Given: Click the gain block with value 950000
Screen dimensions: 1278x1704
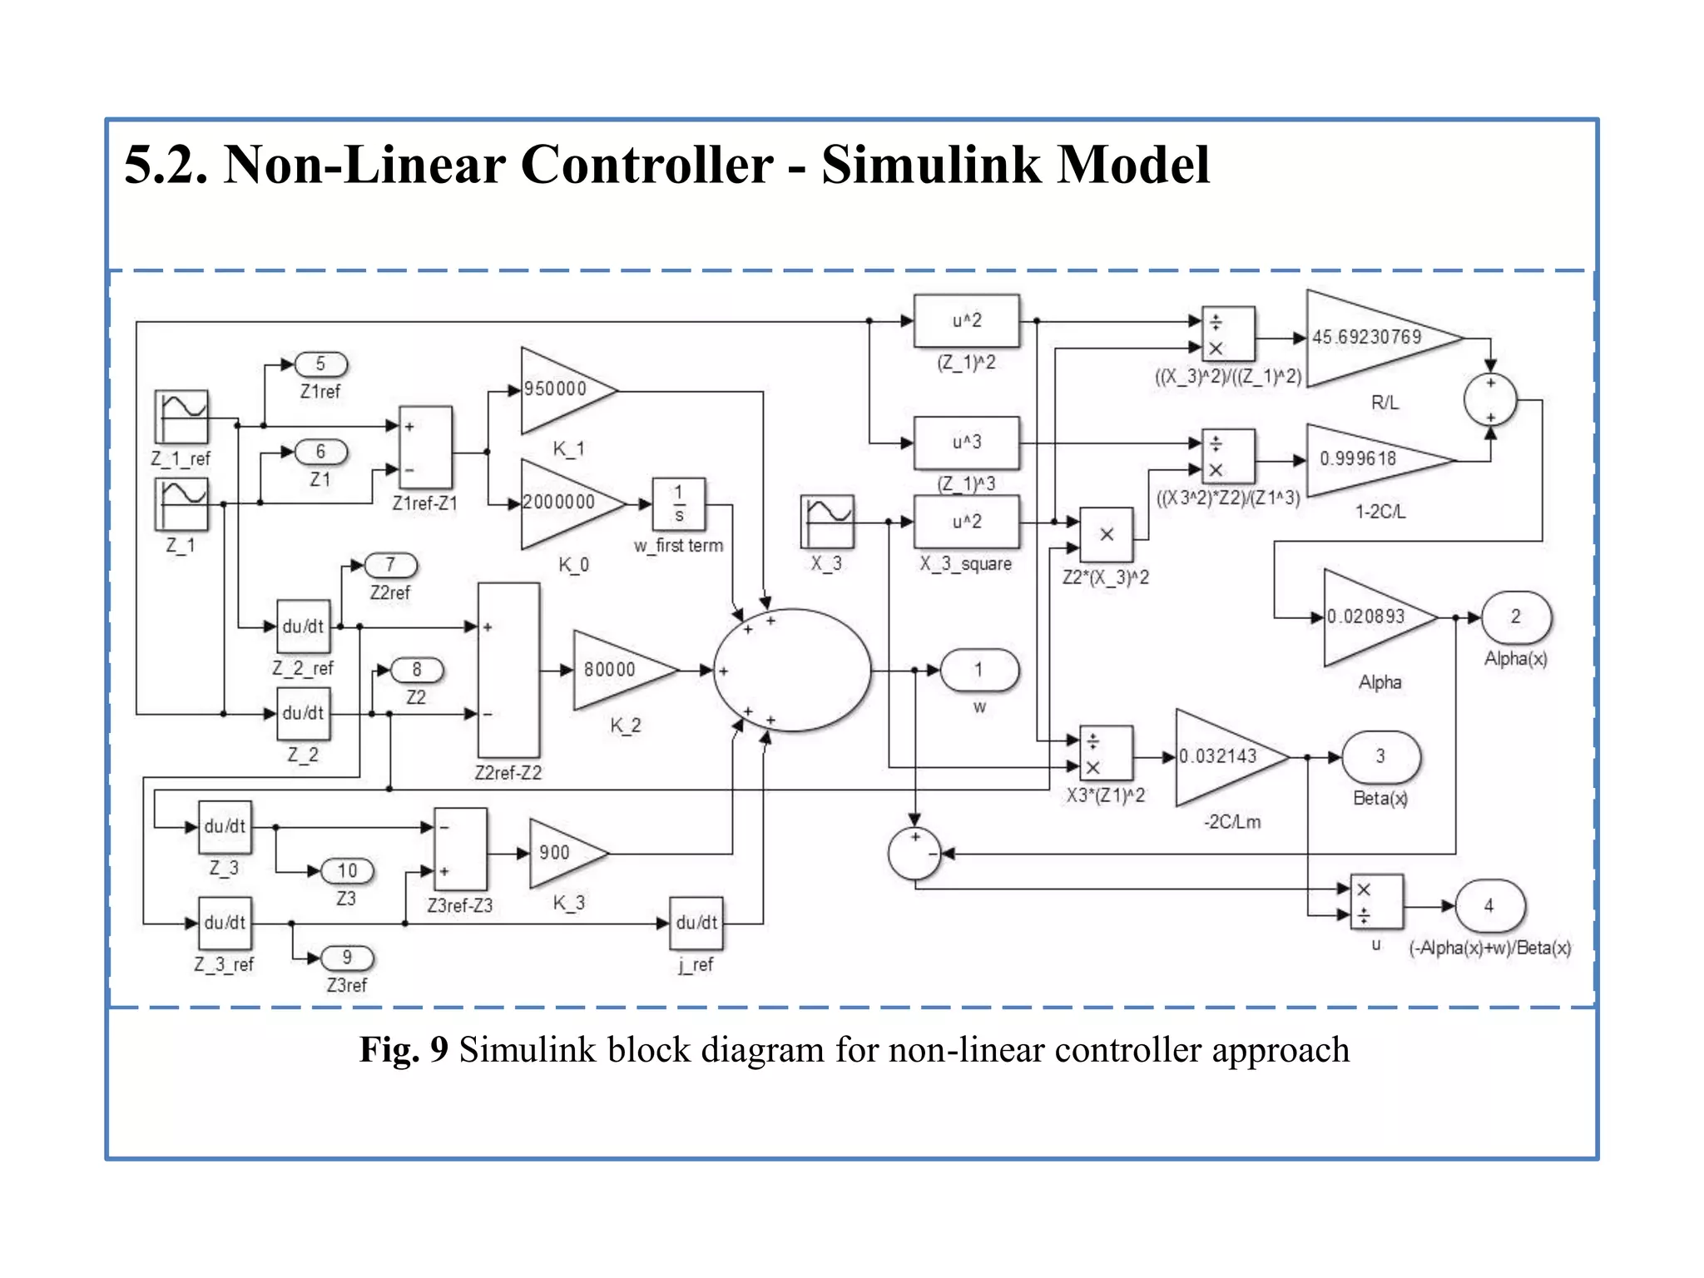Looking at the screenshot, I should (x=562, y=390).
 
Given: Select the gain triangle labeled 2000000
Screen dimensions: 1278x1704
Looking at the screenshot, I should (x=566, y=503).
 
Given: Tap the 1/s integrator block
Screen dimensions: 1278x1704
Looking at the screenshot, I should (x=678, y=504).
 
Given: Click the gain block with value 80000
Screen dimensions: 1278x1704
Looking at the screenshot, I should (x=617, y=670).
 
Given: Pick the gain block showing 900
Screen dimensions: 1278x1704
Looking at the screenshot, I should (x=562, y=853).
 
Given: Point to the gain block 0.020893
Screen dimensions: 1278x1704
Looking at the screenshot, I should (x=1369, y=617).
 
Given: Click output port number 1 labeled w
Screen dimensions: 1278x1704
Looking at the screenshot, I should (x=979, y=670).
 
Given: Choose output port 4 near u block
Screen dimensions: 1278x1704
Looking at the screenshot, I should (x=1489, y=906).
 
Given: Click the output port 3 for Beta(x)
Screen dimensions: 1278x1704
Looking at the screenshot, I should (x=1380, y=756).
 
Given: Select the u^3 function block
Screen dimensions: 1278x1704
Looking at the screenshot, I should (x=966, y=443).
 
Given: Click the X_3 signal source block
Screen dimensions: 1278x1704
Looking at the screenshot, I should (x=827, y=522).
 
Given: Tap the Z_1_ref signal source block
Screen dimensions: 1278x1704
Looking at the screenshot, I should (x=181, y=417).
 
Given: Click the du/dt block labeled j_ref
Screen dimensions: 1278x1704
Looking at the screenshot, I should (x=696, y=923).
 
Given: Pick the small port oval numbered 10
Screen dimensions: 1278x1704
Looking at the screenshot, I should (x=347, y=871).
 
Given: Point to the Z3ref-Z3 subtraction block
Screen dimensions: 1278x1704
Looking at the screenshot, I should (x=460, y=850).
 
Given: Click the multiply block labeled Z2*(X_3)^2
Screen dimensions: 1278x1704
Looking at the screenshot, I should (x=1106, y=535).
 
